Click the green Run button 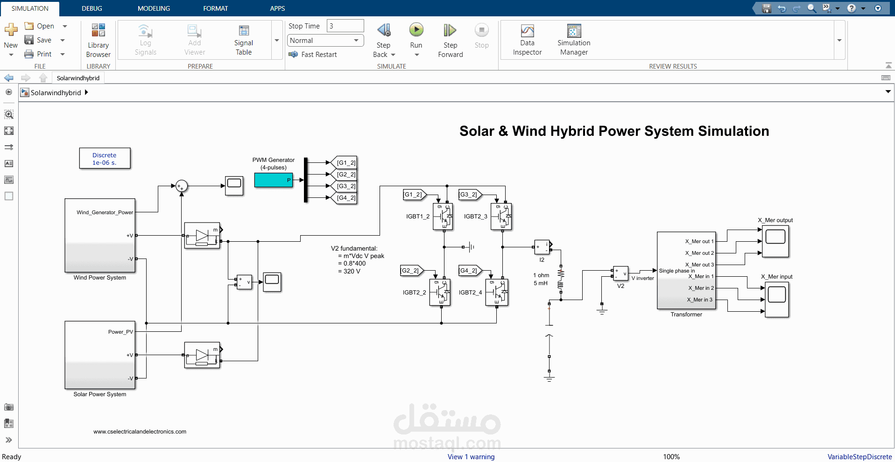[x=416, y=30]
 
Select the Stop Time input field [x=345, y=26]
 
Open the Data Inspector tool [x=527, y=31]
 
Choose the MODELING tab [x=154, y=8]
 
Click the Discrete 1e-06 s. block [x=105, y=159]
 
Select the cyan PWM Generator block [x=274, y=180]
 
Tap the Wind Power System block [x=100, y=235]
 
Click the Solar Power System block [x=100, y=355]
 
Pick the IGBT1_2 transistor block [x=443, y=217]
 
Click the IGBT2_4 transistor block [x=497, y=292]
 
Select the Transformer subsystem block [x=686, y=271]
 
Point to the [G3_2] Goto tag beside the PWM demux [x=344, y=186]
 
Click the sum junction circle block [x=181, y=187]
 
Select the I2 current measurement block [x=542, y=247]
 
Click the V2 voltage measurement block [x=620, y=273]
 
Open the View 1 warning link [x=471, y=457]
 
